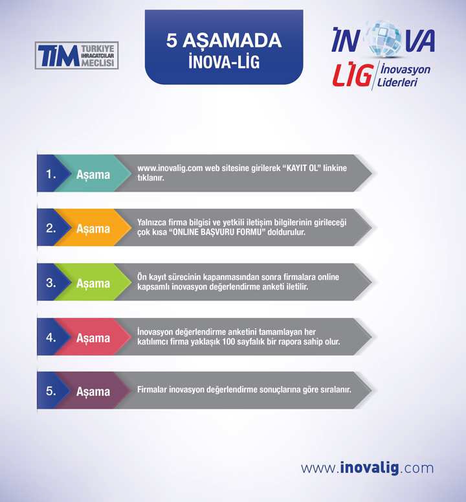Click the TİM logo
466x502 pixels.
tap(77, 56)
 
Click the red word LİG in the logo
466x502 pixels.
tap(353, 74)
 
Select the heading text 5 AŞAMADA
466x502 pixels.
tap(224, 41)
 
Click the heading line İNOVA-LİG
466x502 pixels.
tap(224, 61)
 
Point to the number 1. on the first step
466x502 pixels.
tap(51, 174)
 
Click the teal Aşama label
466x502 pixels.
tap(93, 175)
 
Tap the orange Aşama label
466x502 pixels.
tap(93, 229)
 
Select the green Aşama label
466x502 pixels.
tap(93, 284)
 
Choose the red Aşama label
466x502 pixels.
tap(93, 338)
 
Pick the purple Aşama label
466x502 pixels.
tap(93, 391)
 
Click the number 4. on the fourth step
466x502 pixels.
tap(51, 337)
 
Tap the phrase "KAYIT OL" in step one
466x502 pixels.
tap(302, 168)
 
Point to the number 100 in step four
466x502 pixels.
tap(228, 341)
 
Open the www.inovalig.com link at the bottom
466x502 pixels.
tap(367, 468)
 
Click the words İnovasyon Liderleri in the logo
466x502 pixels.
tap(404, 75)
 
